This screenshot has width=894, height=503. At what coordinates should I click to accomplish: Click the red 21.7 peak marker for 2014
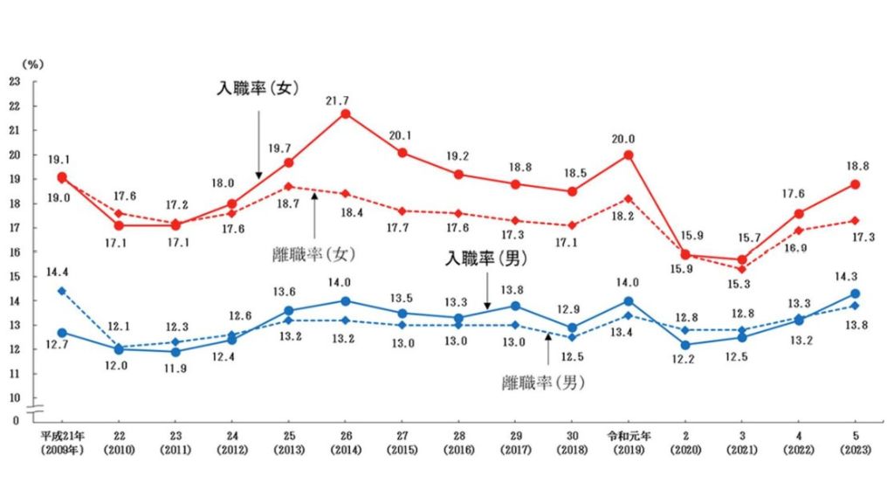346,114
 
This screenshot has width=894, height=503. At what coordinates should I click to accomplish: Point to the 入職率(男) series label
485,258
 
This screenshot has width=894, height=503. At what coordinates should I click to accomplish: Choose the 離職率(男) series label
543,382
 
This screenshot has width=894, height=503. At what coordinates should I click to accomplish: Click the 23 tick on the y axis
14,82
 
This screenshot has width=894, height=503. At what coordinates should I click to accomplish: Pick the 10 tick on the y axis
14,397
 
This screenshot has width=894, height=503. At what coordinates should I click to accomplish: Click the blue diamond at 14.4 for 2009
62,290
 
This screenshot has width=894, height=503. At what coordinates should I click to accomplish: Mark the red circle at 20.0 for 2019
629,155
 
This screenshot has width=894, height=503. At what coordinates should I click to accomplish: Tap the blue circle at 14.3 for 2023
856,293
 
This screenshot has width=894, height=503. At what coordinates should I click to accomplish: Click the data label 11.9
176,366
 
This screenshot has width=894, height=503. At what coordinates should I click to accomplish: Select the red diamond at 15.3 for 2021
742,269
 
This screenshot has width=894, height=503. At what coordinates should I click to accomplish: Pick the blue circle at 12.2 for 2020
685,344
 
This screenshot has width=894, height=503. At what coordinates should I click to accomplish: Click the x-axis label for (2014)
346,450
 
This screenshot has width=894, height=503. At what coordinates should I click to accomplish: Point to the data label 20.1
403,134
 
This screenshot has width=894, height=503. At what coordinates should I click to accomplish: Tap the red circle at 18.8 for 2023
856,184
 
